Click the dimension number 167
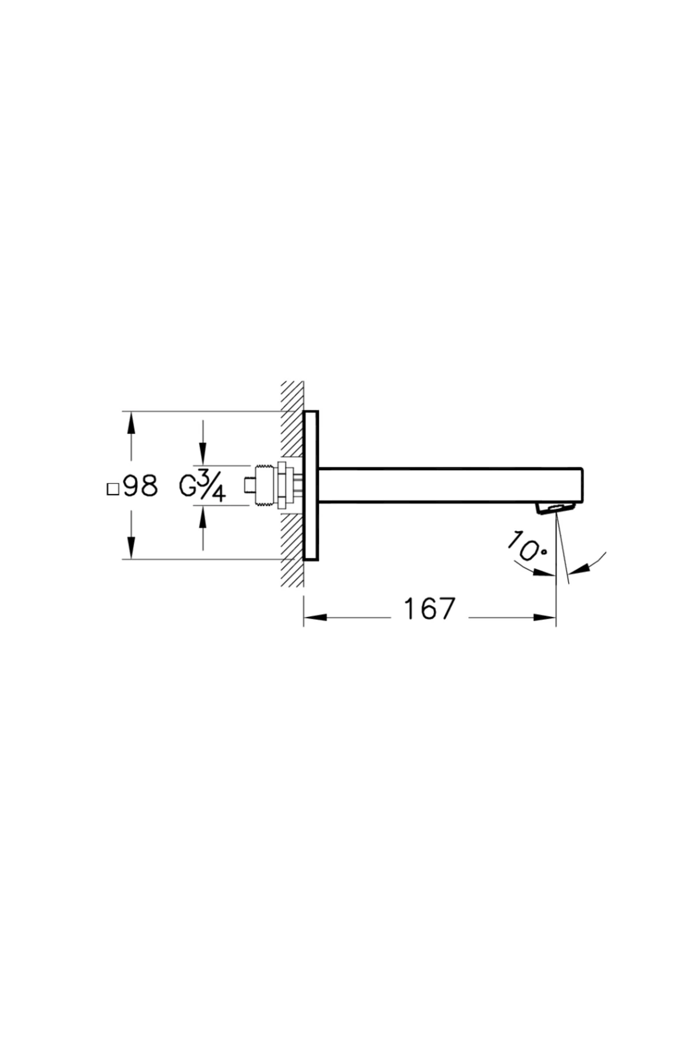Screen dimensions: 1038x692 pos(430,609)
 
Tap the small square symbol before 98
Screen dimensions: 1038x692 pos(113,490)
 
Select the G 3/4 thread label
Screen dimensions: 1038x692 pos(202,486)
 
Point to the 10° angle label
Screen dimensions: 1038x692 pos(526,546)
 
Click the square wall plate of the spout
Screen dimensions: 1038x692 pos(310,486)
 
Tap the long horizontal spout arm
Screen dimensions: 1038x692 pos(450,486)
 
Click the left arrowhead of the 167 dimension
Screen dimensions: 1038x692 pos(315,618)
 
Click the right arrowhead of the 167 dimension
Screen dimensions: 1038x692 pos(545,618)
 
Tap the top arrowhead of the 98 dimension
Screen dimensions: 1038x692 pos(131,423)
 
